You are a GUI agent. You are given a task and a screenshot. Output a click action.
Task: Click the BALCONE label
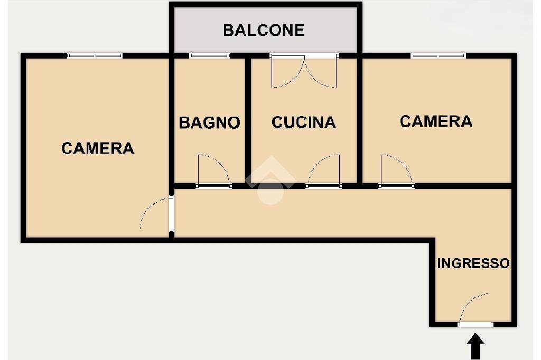[x=264, y=30]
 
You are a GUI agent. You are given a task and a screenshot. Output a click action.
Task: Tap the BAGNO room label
[x=209, y=123]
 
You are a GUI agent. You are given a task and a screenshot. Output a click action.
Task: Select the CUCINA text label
[x=303, y=122]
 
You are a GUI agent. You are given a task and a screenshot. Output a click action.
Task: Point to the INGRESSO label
[x=473, y=263]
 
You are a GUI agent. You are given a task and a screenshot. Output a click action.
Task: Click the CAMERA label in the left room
[x=98, y=148]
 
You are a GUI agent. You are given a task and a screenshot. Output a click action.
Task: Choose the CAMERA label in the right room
[x=435, y=121]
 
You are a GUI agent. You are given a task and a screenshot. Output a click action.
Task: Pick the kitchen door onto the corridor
[x=323, y=172]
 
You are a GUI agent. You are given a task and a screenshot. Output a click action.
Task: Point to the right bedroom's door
[x=396, y=172]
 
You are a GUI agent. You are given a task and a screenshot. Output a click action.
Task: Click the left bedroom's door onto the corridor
[x=156, y=214]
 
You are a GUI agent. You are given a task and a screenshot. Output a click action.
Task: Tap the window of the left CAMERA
[x=95, y=55]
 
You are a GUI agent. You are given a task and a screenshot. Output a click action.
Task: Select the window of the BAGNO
[x=209, y=55]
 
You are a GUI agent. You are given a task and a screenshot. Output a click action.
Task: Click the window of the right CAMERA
[x=439, y=55]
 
